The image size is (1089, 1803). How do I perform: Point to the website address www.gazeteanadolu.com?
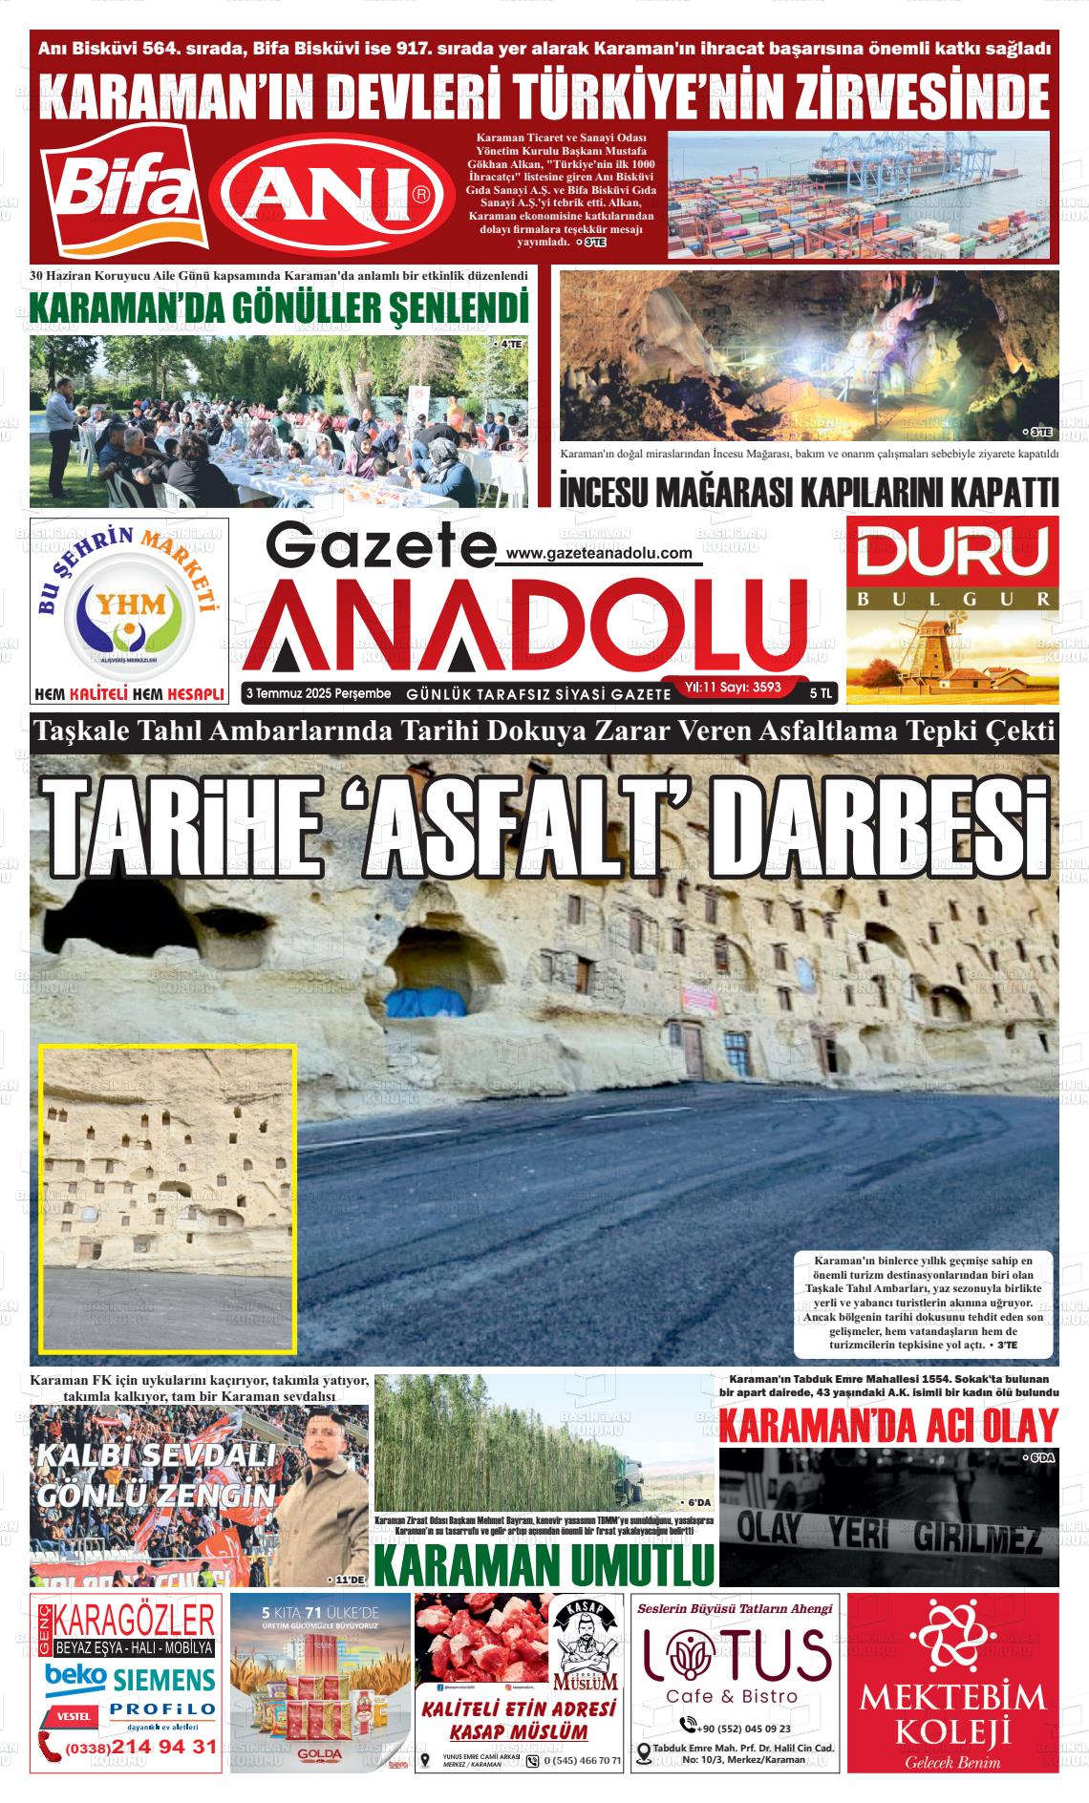point(598,553)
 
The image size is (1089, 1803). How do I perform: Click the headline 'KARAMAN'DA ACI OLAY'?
point(887,1428)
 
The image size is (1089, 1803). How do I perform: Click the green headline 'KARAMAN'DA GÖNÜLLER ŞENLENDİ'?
point(279,308)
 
